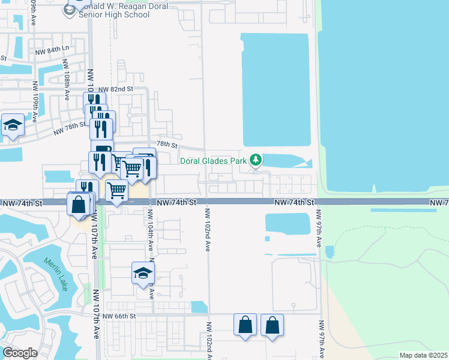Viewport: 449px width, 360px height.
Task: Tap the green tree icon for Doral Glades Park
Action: (256, 160)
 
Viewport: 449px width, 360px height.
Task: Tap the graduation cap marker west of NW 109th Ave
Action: (13, 125)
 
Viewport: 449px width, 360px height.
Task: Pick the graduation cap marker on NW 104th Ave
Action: (143, 273)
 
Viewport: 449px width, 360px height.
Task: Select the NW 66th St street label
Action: (119, 316)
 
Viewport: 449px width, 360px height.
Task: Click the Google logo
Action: (20, 353)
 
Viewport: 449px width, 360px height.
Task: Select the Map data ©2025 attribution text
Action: (423, 355)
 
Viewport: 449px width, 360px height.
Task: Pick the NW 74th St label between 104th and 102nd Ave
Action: (177, 203)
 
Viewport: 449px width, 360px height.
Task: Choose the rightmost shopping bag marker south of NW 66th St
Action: (272, 325)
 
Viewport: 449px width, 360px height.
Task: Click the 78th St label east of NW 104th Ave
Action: (167, 145)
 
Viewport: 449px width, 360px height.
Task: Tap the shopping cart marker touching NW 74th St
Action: (117, 191)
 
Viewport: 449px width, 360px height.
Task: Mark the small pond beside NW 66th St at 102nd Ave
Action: (199, 307)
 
